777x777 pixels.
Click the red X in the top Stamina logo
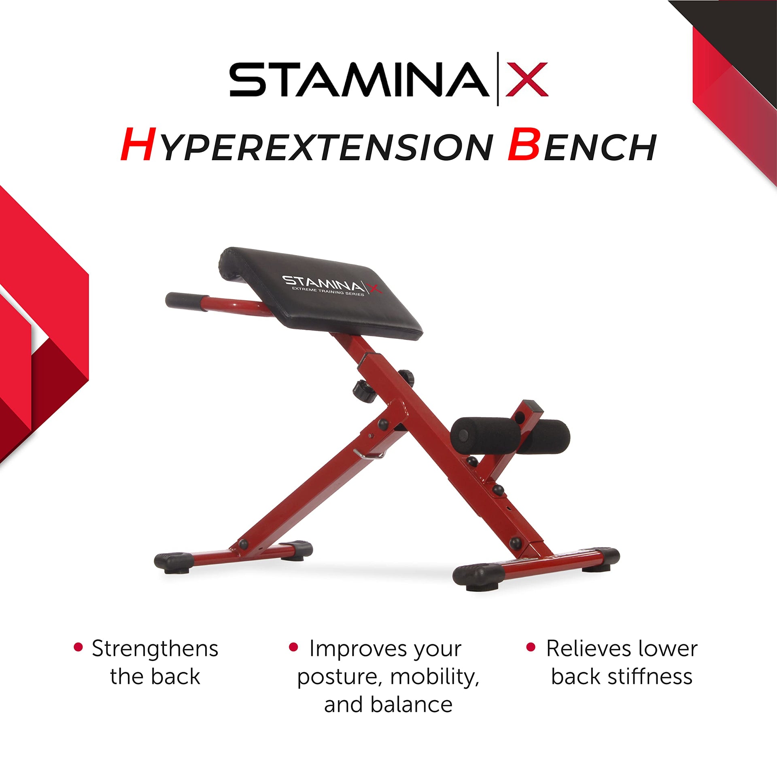(527, 79)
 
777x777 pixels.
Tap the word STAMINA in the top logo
(359, 79)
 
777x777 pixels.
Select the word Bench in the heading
(582, 144)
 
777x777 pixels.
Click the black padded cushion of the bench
(320, 293)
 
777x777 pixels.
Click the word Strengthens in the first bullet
(155, 649)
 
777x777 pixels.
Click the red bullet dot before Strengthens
(79, 647)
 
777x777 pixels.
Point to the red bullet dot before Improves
(293, 647)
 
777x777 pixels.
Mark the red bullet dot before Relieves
(531, 647)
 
